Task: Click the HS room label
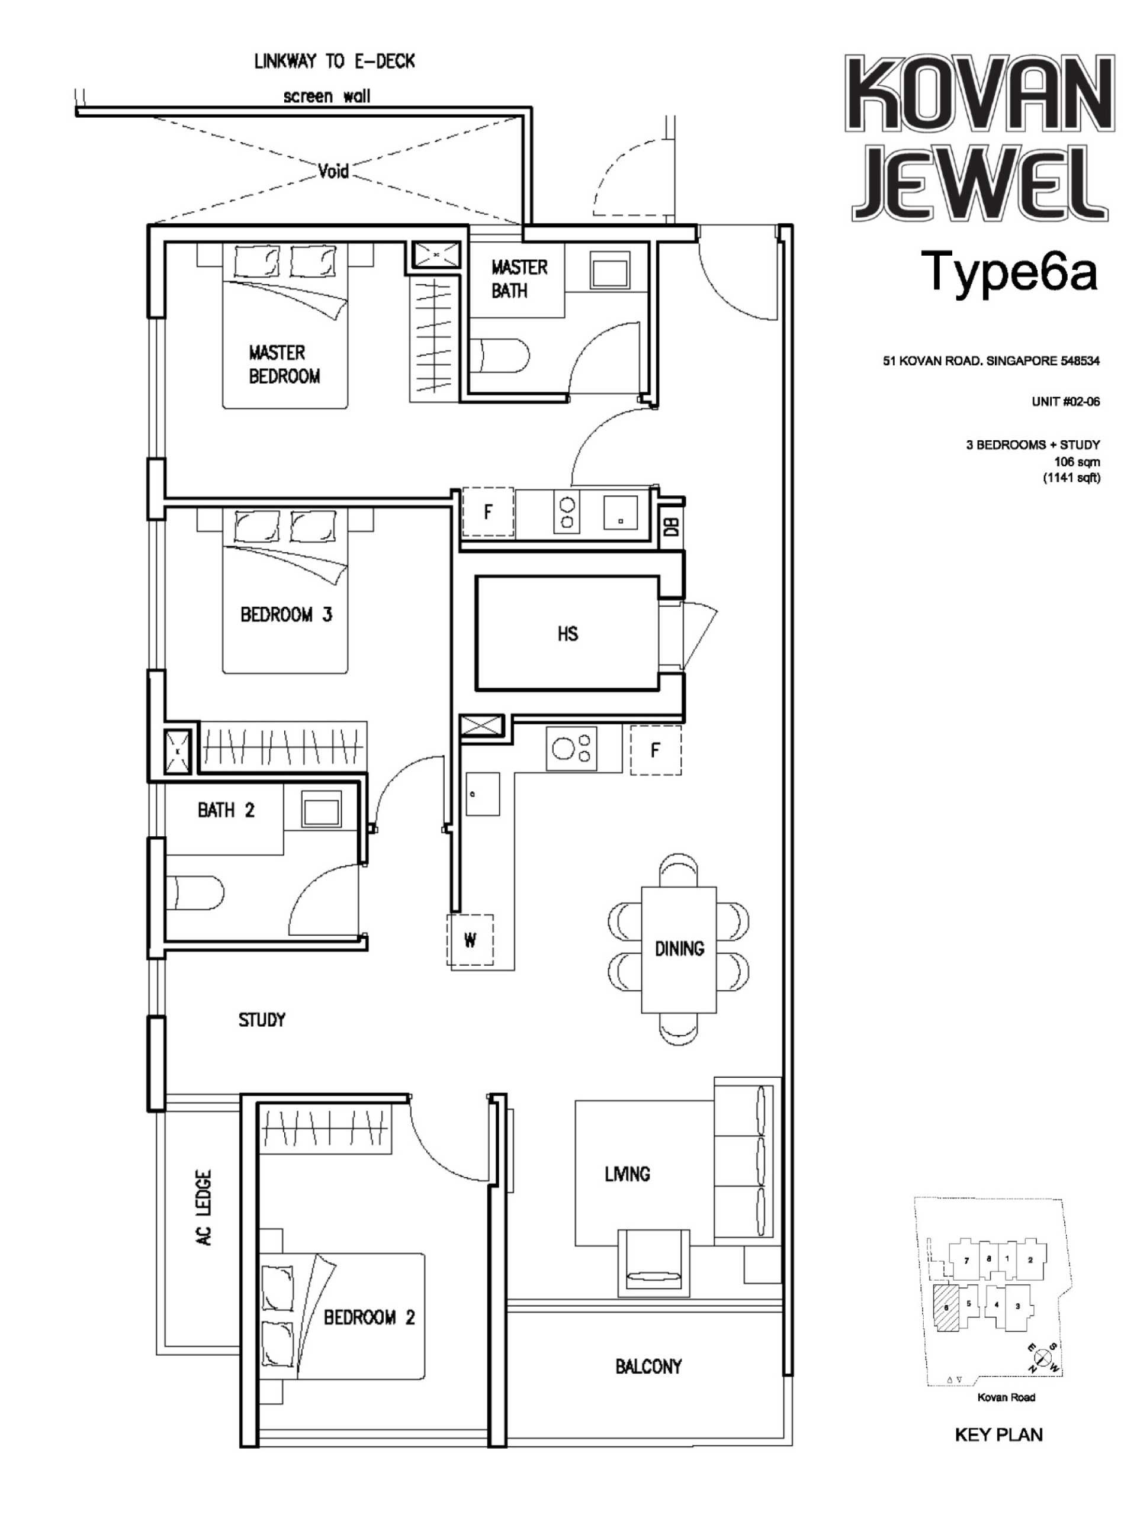pyautogui.click(x=567, y=633)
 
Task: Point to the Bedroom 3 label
pyautogui.click(x=285, y=614)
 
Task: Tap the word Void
pyautogui.click(x=333, y=170)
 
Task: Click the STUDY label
pyautogui.click(x=262, y=1020)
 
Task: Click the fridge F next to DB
pyautogui.click(x=487, y=512)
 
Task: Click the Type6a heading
pyautogui.click(x=1012, y=272)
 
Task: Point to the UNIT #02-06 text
pyautogui.click(x=1065, y=401)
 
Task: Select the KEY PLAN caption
pyautogui.click(x=998, y=1435)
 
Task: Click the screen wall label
pyautogui.click(x=327, y=96)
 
